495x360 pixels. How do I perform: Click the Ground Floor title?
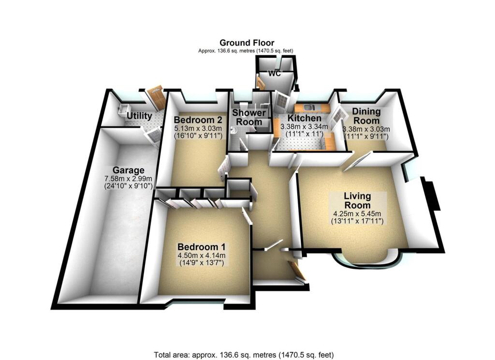[x=247, y=43]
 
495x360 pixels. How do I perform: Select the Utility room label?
[x=139, y=116]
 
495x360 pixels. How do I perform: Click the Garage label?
[x=129, y=170]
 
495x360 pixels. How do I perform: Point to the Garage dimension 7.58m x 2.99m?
[x=129, y=178]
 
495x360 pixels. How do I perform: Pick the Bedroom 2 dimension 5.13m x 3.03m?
[x=198, y=129]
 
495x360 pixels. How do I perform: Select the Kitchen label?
[x=304, y=118]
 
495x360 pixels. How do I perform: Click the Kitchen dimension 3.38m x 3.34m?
[x=304, y=127]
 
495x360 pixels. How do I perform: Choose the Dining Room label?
[x=366, y=116]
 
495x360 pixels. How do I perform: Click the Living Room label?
[x=357, y=200]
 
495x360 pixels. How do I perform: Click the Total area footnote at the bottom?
[x=244, y=355]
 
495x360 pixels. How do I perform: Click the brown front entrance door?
[x=297, y=271]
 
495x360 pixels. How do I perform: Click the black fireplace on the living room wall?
[x=431, y=194]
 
